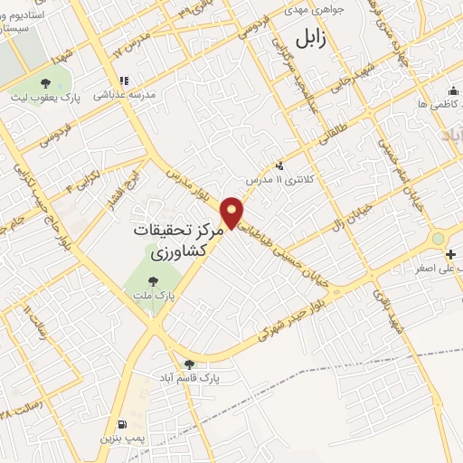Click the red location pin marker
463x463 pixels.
point(233,213)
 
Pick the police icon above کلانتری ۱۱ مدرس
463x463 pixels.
point(279,165)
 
